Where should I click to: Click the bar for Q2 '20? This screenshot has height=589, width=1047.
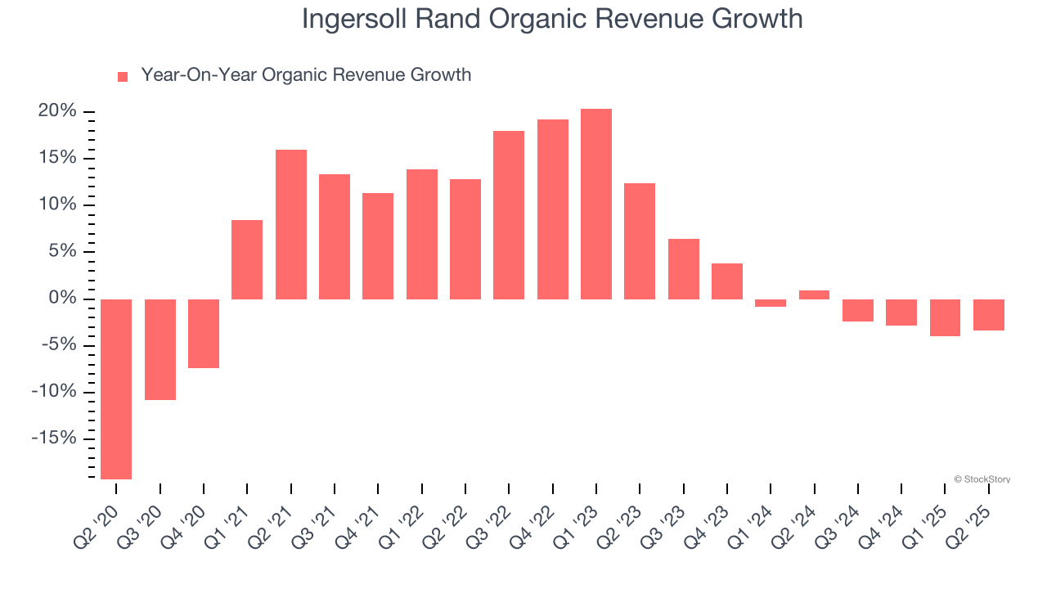[x=116, y=389]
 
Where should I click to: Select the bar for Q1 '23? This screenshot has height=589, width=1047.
[x=596, y=204]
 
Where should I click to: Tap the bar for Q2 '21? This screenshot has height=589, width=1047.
[x=291, y=224]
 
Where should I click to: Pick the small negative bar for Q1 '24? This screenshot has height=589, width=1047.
[x=771, y=303]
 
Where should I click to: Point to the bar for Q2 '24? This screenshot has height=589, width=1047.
[x=814, y=294]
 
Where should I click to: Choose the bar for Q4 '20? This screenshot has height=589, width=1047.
[x=204, y=334]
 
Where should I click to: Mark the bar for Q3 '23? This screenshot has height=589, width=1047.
[x=683, y=269]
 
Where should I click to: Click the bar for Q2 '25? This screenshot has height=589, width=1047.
[x=988, y=315]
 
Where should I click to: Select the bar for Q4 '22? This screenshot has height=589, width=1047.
[x=553, y=209]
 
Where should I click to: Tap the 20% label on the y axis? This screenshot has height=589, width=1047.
[x=57, y=111]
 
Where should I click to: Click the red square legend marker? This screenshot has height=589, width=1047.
[x=123, y=76]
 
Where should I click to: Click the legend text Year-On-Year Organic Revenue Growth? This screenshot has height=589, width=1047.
[x=306, y=75]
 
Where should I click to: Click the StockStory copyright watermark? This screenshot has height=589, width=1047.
[x=982, y=479]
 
